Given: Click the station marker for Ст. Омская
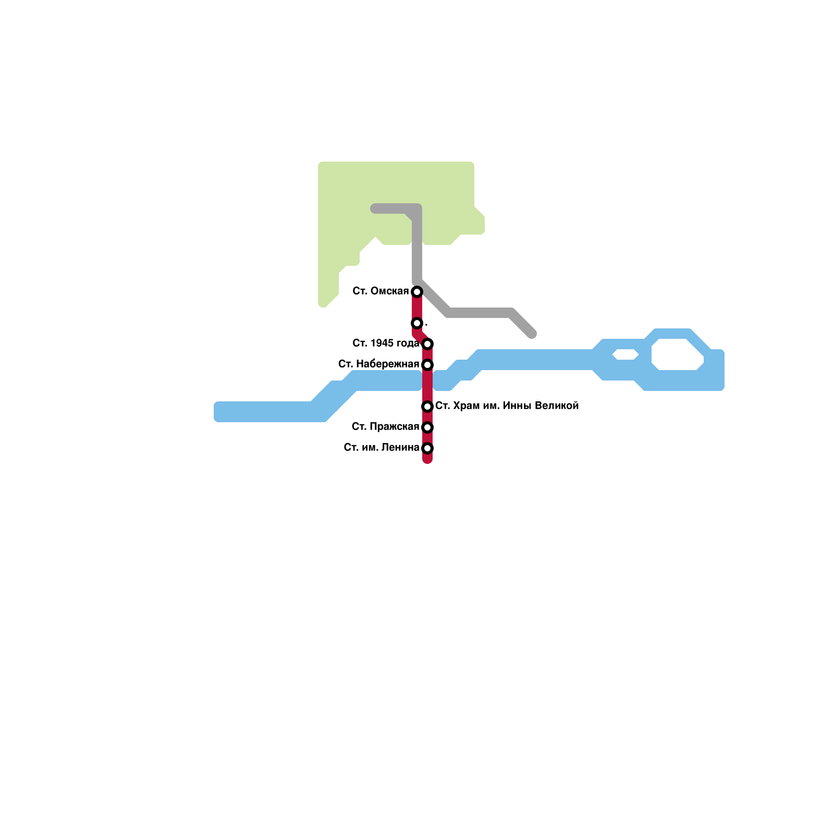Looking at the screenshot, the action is point(417,291).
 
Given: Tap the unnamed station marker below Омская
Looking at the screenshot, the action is point(417,323).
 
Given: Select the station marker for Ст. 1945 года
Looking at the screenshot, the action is point(427,344).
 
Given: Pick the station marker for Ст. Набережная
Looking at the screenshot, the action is point(427,364).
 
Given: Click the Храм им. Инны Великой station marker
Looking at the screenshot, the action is point(427,406).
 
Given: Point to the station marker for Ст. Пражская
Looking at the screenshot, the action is point(427,427).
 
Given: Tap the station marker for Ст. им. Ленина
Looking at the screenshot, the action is point(427,448).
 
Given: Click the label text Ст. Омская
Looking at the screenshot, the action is point(381,291).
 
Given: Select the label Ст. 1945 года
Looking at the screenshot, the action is point(386,343).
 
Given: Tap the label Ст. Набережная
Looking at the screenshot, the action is point(378,364).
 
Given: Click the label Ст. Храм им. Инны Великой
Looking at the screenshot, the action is point(507,406).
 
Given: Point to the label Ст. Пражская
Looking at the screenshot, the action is point(385,427).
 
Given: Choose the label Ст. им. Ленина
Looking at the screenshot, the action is point(382,447).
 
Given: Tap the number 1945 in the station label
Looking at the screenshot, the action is point(382,343).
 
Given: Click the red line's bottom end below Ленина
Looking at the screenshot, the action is point(427,460).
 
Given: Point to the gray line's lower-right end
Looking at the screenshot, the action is point(532,334).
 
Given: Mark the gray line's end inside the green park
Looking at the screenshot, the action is point(375,209).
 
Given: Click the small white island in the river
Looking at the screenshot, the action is point(625,354).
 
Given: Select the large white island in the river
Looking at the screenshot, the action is point(678,354).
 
